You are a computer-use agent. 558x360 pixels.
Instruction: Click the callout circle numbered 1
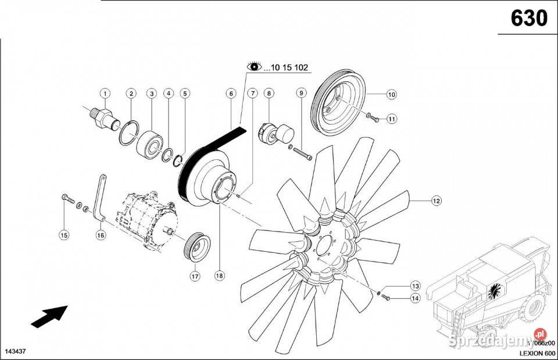tap(105, 93)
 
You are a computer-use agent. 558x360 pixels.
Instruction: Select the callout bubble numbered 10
tap(391, 94)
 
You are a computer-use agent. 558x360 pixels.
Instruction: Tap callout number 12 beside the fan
tap(436, 201)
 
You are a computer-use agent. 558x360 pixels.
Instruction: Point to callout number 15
tap(64, 235)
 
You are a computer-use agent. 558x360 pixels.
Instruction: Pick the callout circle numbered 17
tap(194, 276)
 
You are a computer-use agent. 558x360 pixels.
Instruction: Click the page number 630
tap(528, 18)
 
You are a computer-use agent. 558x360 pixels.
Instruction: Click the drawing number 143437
tap(16, 352)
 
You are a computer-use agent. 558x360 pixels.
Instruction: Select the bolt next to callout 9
tap(301, 152)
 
